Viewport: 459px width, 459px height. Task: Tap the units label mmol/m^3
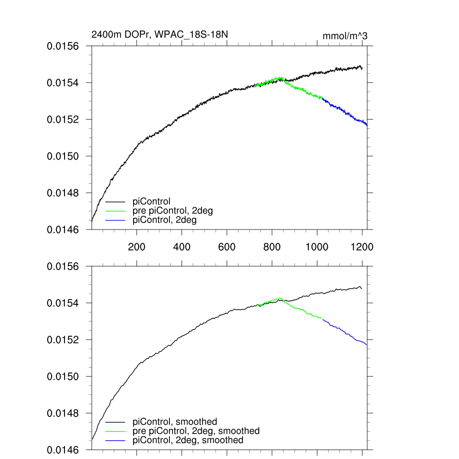[345, 36]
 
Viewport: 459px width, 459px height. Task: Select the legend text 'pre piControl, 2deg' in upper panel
[173, 211]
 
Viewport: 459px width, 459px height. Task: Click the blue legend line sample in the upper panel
[115, 220]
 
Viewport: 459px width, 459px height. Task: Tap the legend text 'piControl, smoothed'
[175, 422]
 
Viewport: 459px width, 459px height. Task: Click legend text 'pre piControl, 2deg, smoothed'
[196, 431]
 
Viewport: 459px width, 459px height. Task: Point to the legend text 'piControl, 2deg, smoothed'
[188, 440]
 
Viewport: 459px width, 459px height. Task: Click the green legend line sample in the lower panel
[115, 431]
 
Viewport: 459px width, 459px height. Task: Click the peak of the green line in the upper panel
[281, 78]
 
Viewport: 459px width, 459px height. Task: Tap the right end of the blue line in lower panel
[367, 345]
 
